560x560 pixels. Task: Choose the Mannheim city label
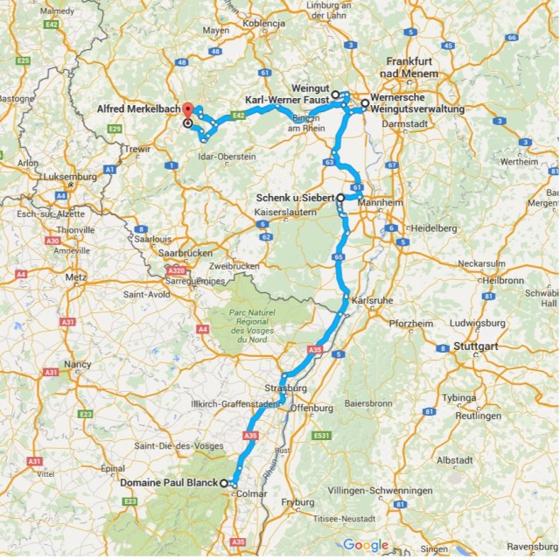pos(379,202)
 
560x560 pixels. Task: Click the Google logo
pos(365,545)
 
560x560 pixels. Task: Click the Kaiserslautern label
pos(283,213)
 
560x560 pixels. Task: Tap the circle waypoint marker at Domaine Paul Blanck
pos(223,483)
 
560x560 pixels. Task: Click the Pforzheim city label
pos(411,323)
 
